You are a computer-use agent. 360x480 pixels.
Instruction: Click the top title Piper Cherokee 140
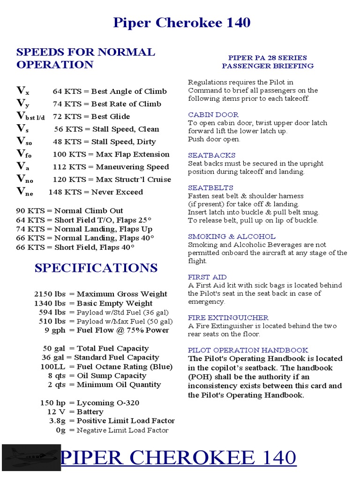pyautogui.click(x=181, y=22)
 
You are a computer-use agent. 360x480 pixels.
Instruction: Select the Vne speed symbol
pyautogui.click(x=25, y=192)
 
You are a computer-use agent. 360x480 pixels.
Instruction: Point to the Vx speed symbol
pyautogui.click(x=22, y=91)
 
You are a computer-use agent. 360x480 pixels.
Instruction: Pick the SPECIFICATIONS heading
pyautogui.click(x=96, y=268)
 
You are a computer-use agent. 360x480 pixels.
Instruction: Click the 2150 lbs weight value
pyautogui.click(x=50, y=294)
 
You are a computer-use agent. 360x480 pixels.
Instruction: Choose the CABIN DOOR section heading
pyautogui.click(x=213, y=115)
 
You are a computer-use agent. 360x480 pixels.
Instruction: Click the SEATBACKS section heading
pyautogui.click(x=211, y=155)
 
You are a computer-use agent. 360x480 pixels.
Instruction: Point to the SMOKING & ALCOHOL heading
pyautogui.click(x=232, y=237)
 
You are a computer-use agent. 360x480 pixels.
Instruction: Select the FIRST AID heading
pyautogui.click(x=207, y=277)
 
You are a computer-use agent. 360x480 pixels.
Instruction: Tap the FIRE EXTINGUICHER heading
pyautogui.click(x=228, y=318)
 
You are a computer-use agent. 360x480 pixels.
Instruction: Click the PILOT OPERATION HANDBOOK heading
pyautogui.click(x=248, y=350)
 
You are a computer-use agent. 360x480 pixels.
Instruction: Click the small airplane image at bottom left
pyautogui.click(x=30, y=457)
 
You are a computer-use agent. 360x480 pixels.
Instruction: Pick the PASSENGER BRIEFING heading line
pyautogui.click(x=268, y=66)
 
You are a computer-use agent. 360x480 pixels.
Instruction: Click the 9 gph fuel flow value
pyautogui.click(x=55, y=330)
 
